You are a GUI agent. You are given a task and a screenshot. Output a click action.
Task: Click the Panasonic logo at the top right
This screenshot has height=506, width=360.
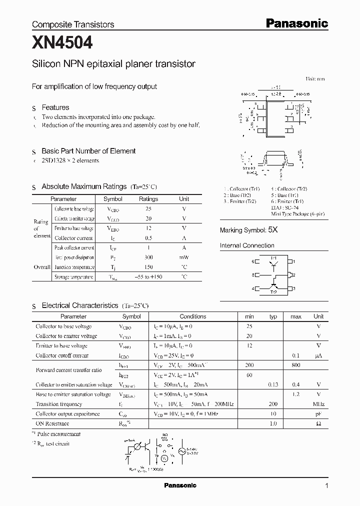tap(296, 23)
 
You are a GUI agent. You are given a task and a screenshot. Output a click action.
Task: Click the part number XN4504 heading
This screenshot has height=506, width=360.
tap(62, 43)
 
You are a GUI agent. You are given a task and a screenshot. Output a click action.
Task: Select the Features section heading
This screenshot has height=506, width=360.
tap(55, 107)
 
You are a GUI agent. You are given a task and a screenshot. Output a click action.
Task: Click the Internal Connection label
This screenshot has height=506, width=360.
tap(247, 245)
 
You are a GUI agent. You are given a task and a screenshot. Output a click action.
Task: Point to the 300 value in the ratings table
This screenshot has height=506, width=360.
tap(148, 257)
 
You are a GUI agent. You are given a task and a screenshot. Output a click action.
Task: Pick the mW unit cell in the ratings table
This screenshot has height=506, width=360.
tap(184, 257)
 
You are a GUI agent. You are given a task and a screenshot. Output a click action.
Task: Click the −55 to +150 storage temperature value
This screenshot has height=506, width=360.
tap(148, 276)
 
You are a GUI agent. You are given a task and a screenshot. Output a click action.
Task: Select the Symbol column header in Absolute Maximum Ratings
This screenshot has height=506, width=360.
tap(112, 199)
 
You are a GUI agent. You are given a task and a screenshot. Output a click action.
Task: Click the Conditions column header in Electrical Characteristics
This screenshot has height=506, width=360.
tap(192, 316)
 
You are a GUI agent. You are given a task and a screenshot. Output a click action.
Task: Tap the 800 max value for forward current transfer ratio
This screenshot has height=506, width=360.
tap(296, 365)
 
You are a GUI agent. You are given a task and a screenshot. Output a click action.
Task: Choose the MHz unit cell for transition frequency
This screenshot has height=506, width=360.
tap(318, 404)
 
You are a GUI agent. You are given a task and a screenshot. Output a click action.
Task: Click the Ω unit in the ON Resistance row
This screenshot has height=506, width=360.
tap(318, 423)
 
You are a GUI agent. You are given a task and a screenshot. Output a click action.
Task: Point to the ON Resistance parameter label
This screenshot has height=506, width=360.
tap(53, 423)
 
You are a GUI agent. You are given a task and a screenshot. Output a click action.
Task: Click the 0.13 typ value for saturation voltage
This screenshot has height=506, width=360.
tap(273, 385)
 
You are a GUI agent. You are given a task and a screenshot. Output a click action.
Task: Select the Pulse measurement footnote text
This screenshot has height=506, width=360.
tap(59, 434)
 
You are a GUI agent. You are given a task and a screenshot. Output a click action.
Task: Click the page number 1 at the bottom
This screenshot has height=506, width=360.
tap(326, 486)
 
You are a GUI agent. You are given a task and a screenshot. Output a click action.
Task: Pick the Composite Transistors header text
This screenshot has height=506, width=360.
tap(73, 24)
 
